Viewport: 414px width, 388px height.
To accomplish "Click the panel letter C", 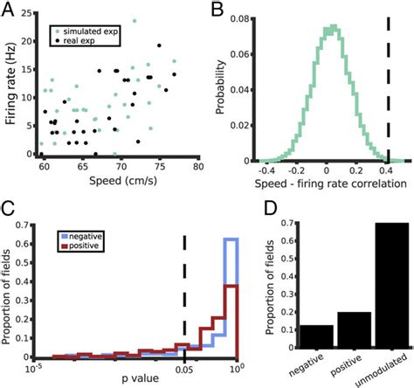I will [x=9, y=208].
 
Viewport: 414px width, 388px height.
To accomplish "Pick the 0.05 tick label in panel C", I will [x=184, y=368].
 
